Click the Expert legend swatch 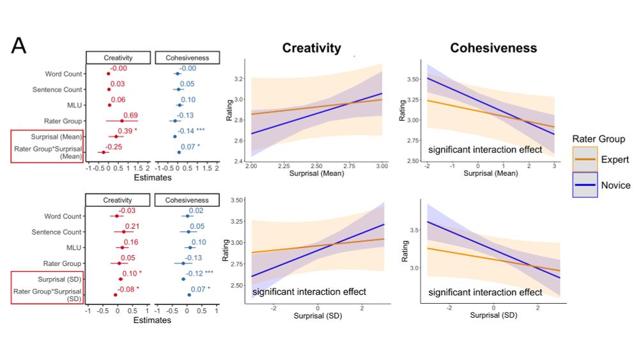tap(584, 159)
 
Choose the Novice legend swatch tap(584, 185)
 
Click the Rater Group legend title tap(599, 139)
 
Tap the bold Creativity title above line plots tap(311, 49)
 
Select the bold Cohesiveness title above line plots tap(493, 49)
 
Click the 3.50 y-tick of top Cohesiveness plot tap(411, 79)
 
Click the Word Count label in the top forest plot tap(63, 74)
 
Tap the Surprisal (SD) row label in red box tap(57, 279)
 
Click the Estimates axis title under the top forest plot tap(152, 178)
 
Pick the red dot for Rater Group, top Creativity tap(121, 121)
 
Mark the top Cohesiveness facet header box tap(187, 58)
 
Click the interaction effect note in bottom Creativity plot tap(309, 292)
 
